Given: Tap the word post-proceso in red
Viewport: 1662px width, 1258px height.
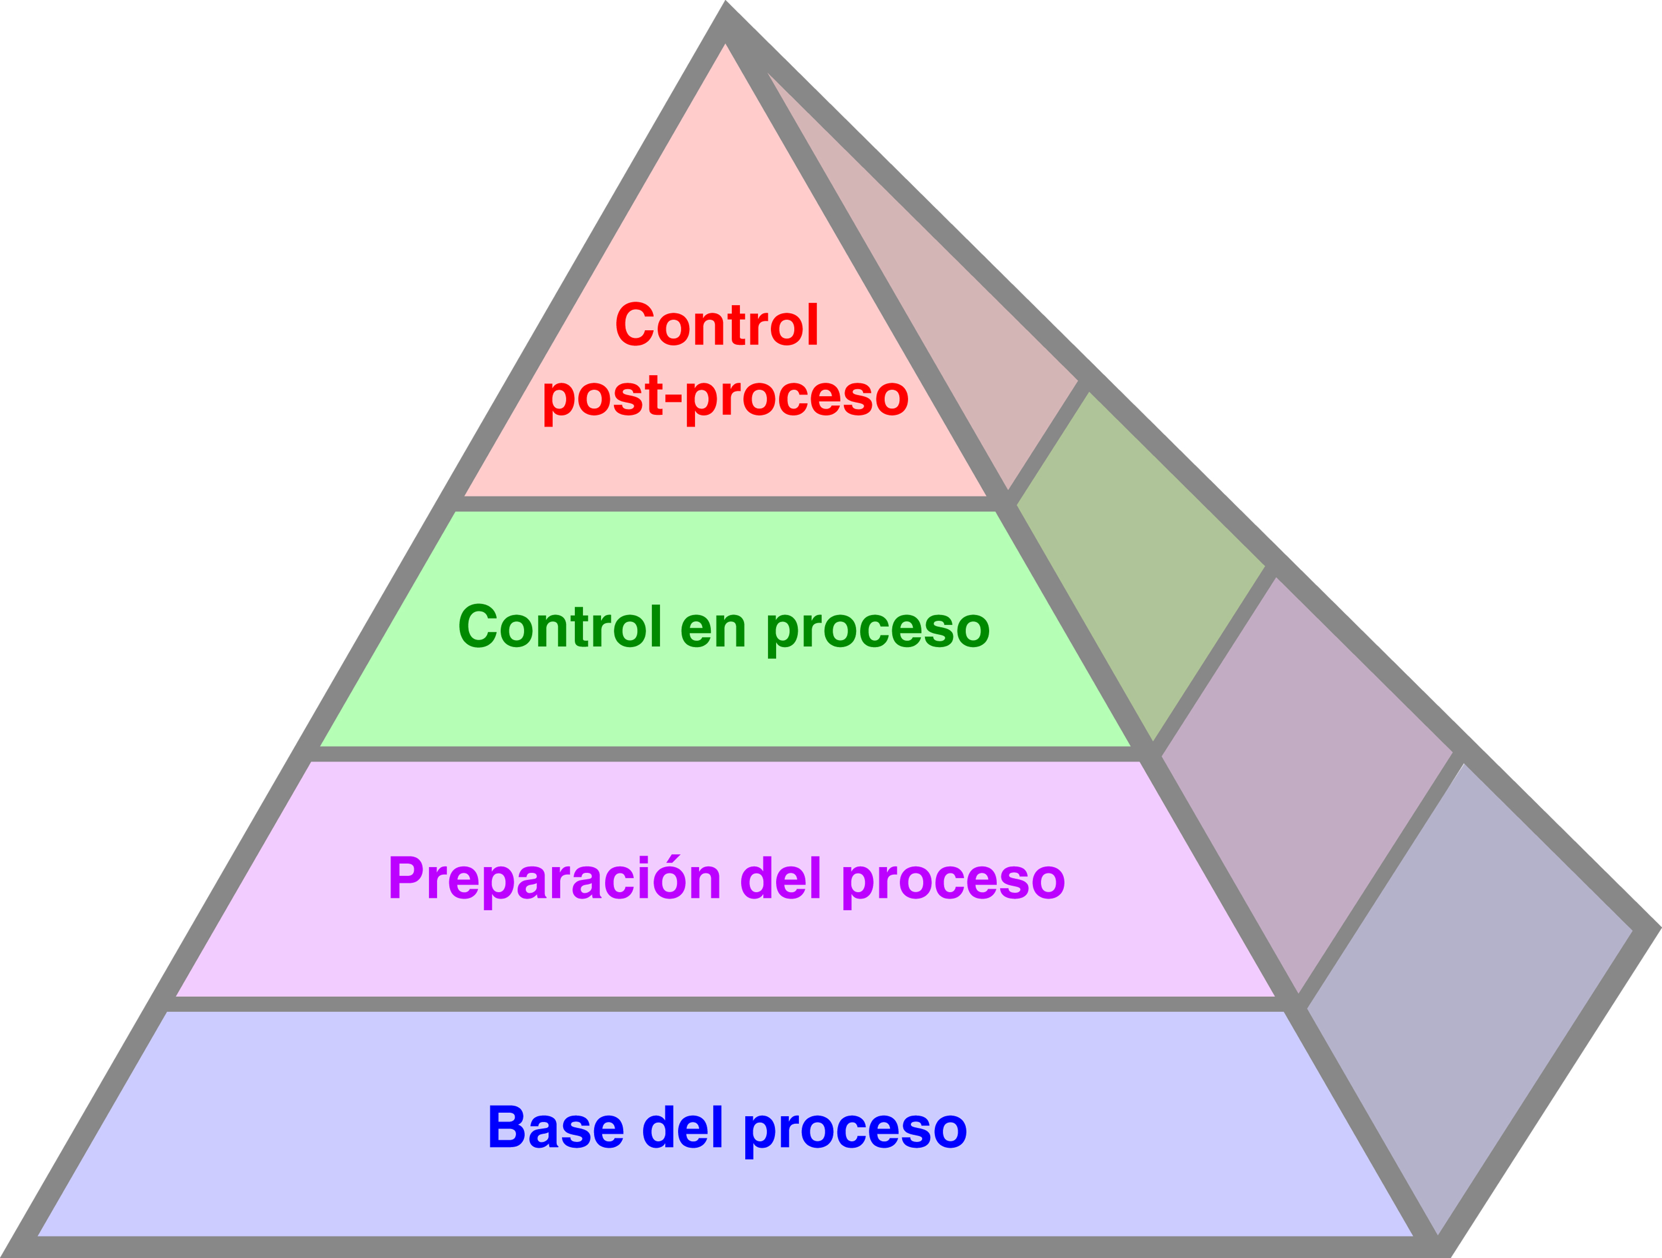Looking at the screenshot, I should [725, 396].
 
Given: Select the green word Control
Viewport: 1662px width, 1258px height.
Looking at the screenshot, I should [560, 627].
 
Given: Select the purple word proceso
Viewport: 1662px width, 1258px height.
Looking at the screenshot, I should [953, 880].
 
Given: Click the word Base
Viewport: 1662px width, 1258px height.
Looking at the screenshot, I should [555, 1127].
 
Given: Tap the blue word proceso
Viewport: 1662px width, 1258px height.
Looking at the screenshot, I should [855, 1129].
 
